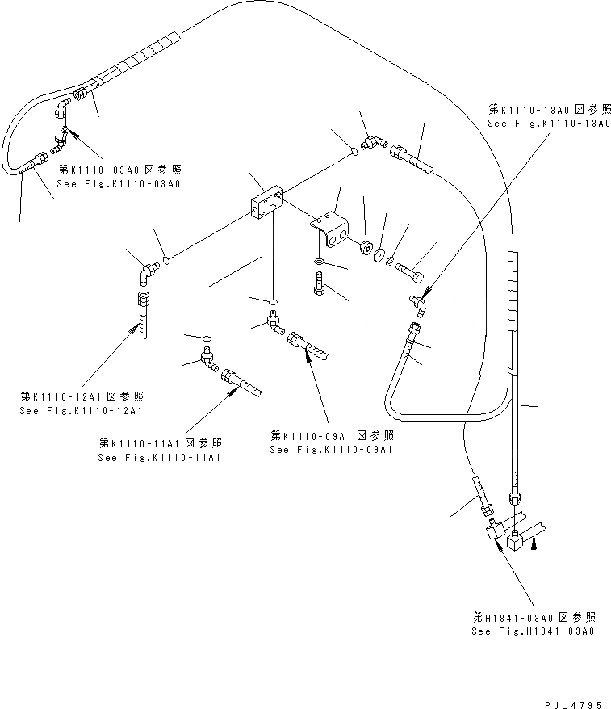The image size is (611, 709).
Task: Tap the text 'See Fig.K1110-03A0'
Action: [x=118, y=184]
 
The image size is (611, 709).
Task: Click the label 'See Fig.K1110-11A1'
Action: [x=160, y=458]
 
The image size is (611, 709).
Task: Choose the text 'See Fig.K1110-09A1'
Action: [x=332, y=449]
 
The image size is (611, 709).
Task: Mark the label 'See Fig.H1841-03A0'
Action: [x=534, y=631]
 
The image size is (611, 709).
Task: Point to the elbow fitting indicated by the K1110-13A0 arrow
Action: [x=416, y=304]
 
